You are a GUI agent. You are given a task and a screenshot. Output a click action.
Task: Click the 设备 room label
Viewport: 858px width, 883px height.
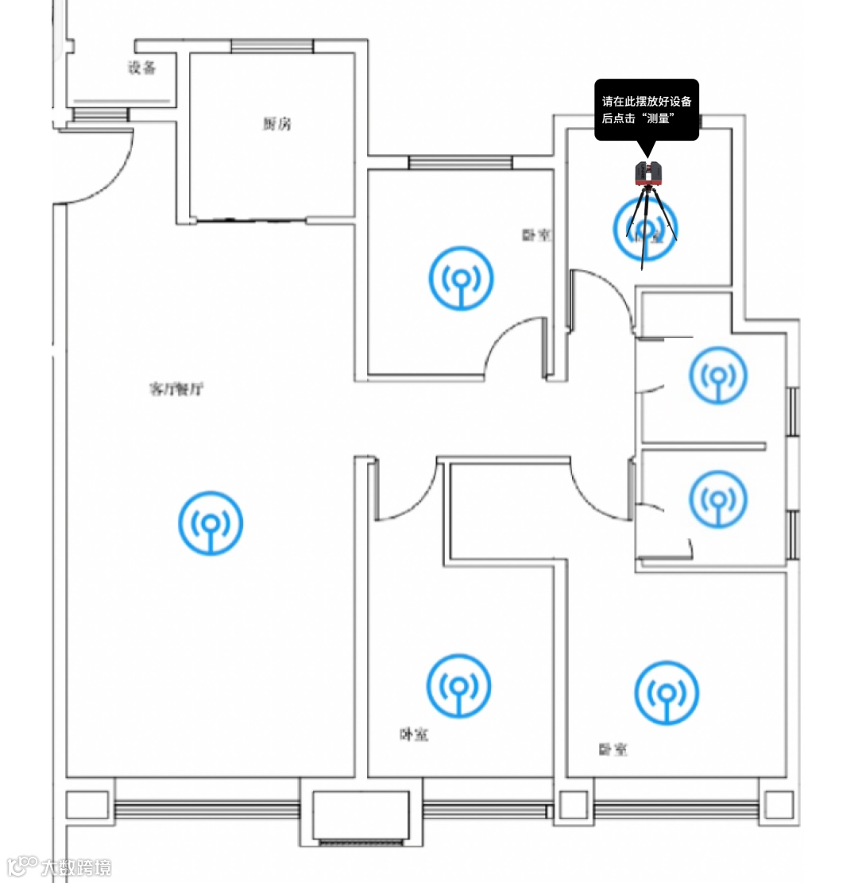click(142, 68)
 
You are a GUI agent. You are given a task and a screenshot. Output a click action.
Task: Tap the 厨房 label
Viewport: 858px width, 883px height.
click(276, 124)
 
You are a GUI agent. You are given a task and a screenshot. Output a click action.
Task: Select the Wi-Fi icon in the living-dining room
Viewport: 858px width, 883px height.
click(211, 523)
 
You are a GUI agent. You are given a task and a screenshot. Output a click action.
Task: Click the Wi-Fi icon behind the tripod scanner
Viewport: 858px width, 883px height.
click(645, 227)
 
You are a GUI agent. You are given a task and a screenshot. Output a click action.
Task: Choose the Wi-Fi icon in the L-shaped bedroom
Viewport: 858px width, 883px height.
click(667, 692)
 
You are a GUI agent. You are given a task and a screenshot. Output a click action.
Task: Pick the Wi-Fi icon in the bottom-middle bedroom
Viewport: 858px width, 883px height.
click(458, 686)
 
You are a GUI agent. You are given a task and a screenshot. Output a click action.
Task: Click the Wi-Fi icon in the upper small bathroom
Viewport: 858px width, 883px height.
click(718, 374)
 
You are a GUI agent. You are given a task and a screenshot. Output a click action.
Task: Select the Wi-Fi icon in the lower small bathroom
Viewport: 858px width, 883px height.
click(718, 499)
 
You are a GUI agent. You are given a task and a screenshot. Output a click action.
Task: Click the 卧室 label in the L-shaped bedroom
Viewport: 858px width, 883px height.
click(613, 749)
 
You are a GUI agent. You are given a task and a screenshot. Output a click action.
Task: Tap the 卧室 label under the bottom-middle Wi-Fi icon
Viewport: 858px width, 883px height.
click(414, 735)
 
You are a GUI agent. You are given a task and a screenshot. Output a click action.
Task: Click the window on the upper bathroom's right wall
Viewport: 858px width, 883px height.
click(791, 411)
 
